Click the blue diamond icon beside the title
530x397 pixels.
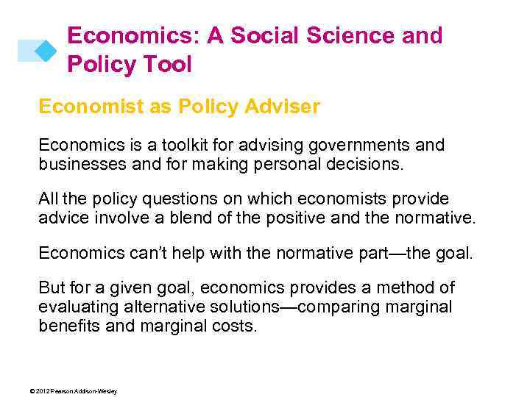tap(46, 49)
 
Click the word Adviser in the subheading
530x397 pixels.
tap(283, 107)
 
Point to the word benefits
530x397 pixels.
tap(70, 325)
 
